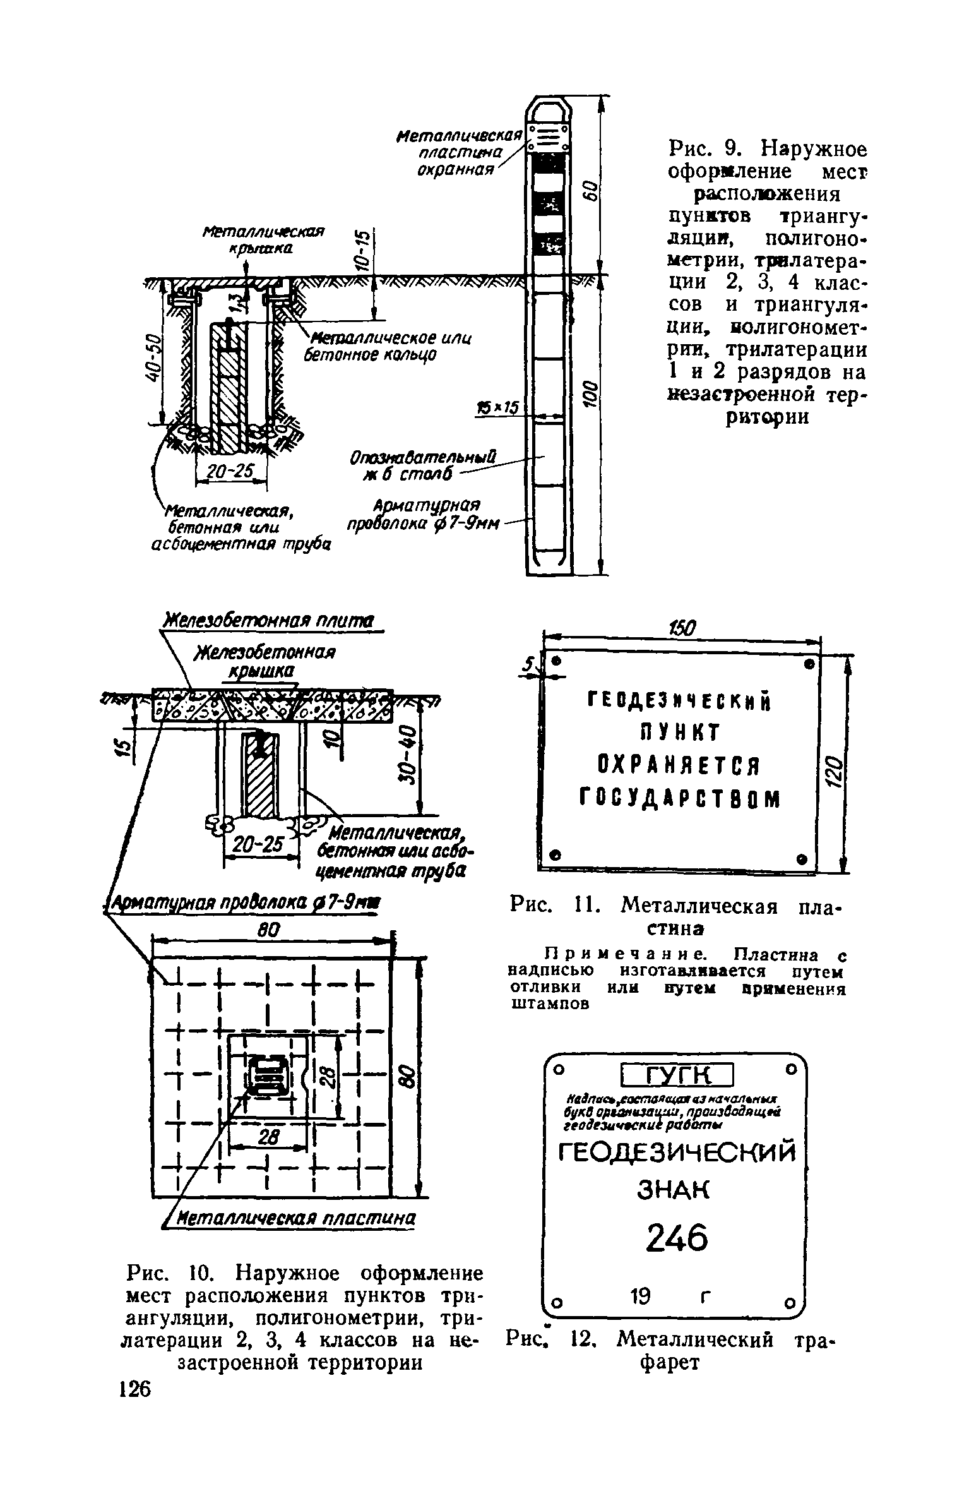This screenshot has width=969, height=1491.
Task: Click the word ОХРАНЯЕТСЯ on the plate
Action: click(678, 767)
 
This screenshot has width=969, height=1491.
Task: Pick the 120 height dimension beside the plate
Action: click(833, 769)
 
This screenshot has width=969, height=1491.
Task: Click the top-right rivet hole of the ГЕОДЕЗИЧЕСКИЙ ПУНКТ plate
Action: click(808, 664)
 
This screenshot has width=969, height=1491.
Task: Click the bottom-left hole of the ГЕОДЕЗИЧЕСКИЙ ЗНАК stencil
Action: click(556, 1303)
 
